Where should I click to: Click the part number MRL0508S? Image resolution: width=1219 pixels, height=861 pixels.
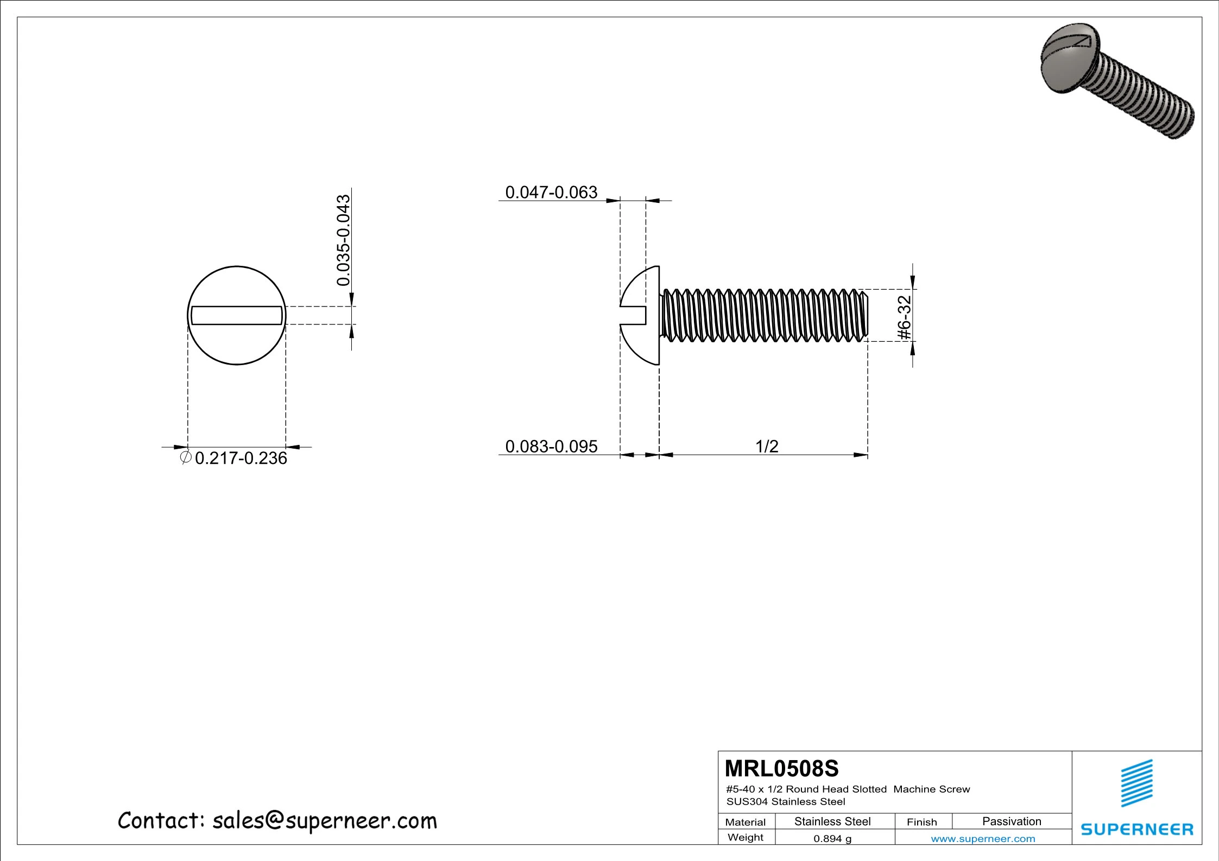point(781,769)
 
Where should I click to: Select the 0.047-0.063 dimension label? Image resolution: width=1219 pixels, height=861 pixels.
point(551,192)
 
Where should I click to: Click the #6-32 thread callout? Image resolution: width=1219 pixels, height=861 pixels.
point(904,317)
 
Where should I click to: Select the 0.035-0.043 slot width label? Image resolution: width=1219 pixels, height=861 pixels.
point(343,240)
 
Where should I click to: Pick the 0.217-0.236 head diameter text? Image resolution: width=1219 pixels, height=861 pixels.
point(241,458)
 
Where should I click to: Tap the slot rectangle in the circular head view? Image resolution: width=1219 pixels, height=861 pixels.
point(237,315)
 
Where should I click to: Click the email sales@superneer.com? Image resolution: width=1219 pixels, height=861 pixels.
point(324,820)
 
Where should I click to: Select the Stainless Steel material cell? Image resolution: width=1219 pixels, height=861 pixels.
point(832,821)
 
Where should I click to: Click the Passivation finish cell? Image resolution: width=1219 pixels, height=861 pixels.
point(1011,821)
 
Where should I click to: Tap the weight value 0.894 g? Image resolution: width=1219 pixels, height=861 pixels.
point(832,838)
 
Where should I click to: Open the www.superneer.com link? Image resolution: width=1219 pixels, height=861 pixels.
point(983,838)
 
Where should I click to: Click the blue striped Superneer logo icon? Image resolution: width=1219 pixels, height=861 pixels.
point(1136,783)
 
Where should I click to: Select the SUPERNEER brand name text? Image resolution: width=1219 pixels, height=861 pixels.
point(1136,829)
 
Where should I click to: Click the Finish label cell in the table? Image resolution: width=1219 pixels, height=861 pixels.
point(921,822)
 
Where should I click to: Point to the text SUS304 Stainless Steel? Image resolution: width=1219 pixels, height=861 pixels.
point(785,801)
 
